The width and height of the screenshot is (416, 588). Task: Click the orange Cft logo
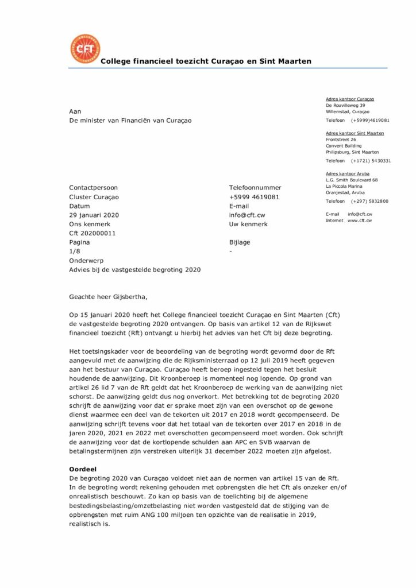pos(84,49)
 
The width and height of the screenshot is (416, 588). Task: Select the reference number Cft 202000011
pos(93,233)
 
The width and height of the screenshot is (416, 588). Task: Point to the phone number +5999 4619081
pos(255,196)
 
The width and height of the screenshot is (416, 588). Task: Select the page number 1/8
pos(75,251)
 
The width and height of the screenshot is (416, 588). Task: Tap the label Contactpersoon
pos(93,187)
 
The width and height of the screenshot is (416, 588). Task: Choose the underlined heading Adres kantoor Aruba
pos(348,173)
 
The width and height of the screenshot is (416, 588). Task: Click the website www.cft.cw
pos(359,220)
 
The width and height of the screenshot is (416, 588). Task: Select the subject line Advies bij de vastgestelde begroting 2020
pos(135,269)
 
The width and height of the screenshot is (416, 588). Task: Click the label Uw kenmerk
pos(248,224)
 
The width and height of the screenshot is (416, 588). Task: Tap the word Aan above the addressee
pos(75,111)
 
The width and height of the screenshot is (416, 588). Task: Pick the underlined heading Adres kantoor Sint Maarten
pos(355,133)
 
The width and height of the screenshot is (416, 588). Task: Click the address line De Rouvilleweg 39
pos(345,106)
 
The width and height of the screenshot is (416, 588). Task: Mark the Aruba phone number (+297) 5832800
pos(369,201)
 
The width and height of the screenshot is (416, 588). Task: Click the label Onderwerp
pos(86,260)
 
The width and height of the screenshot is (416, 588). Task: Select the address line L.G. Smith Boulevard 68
pos(352,180)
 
